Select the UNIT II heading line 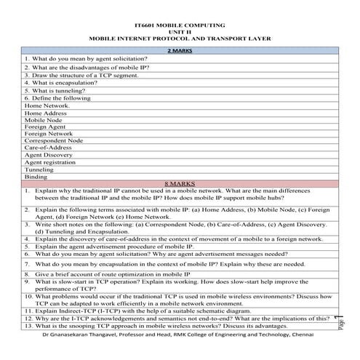click(179, 31)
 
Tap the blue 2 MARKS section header click(179, 50)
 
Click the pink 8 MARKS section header click(179, 183)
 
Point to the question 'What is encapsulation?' click(61, 82)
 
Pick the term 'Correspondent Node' click(54, 140)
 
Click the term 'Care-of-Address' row click(48, 148)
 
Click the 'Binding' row click(36, 177)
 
